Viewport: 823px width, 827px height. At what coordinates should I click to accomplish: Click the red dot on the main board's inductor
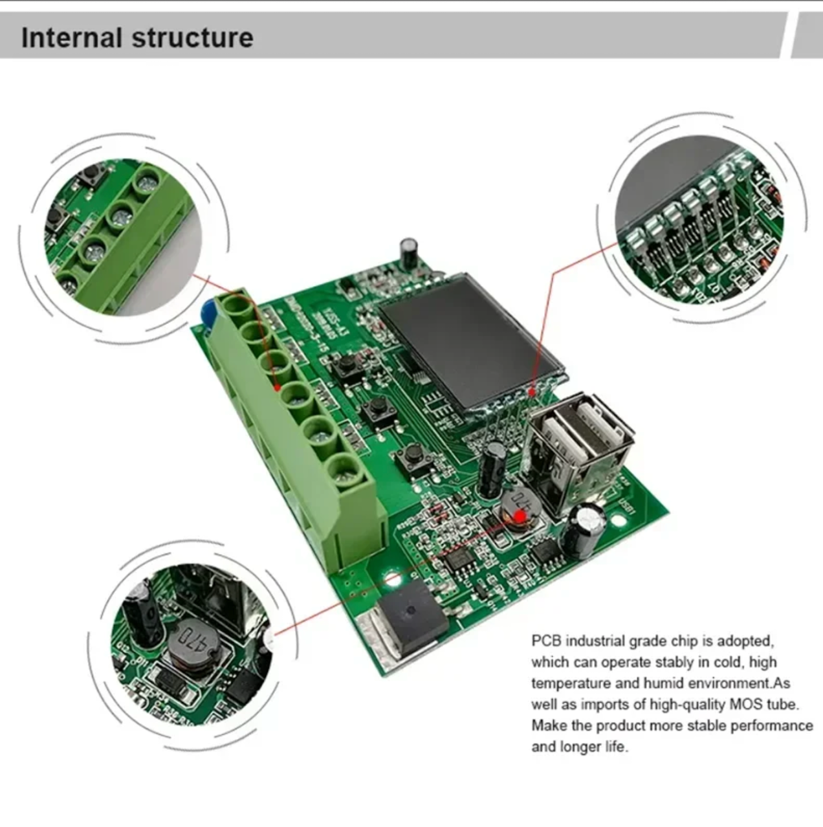point(519,516)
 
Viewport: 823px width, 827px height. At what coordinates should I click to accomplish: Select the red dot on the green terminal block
point(278,388)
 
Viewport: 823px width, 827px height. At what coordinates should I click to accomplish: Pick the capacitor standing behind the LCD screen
point(409,252)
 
